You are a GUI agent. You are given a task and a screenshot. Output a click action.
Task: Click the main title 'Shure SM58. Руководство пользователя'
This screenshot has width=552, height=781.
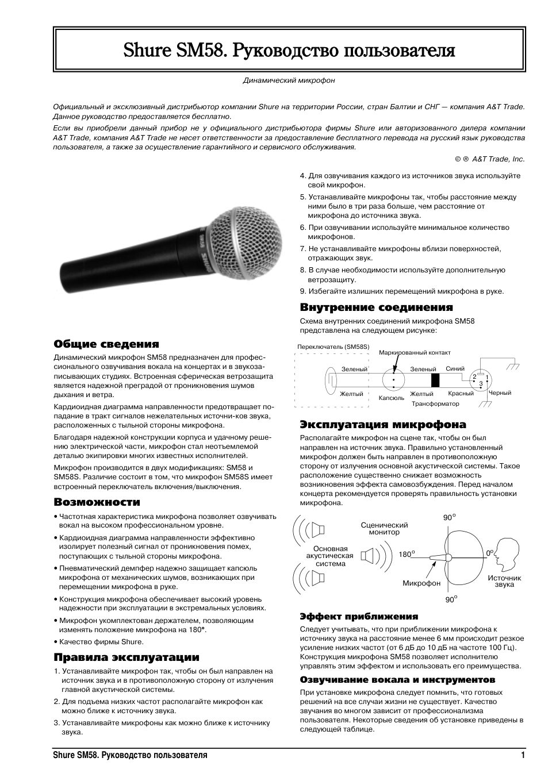click(x=289, y=51)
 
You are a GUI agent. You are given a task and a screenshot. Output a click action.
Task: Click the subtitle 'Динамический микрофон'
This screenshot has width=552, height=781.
click(x=289, y=80)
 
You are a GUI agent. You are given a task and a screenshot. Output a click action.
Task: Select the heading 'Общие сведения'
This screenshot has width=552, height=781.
click(x=106, y=344)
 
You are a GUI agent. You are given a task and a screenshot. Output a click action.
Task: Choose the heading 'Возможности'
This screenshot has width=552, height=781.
click(x=97, y=502)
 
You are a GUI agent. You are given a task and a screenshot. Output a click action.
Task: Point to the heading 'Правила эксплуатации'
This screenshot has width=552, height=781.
click(x=126, y=657)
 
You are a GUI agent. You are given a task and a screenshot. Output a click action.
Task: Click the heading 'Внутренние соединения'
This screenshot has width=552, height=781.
click(x=376, y=307)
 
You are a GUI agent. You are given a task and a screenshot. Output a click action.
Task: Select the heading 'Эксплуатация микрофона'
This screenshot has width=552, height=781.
click(x=383, y=425)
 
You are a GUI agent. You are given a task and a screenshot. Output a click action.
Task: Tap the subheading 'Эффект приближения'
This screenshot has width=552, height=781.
click(x=359, y=616)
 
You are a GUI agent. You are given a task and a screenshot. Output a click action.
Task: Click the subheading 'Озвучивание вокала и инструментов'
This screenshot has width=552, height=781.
click(x=397, y=679)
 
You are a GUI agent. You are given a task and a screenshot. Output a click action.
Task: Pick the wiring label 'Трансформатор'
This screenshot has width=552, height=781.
click(x=435, y=404)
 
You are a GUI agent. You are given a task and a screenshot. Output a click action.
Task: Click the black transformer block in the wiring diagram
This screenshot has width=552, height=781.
click(x=435, y=380)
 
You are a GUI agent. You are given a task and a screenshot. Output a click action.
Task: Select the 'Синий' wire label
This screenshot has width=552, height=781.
click(x=455, y=369)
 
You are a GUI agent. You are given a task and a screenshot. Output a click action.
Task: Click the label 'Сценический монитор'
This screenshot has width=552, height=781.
click(x=384, y=528)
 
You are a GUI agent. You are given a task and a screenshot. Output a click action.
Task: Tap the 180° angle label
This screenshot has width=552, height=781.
click(x=407, y=555)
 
